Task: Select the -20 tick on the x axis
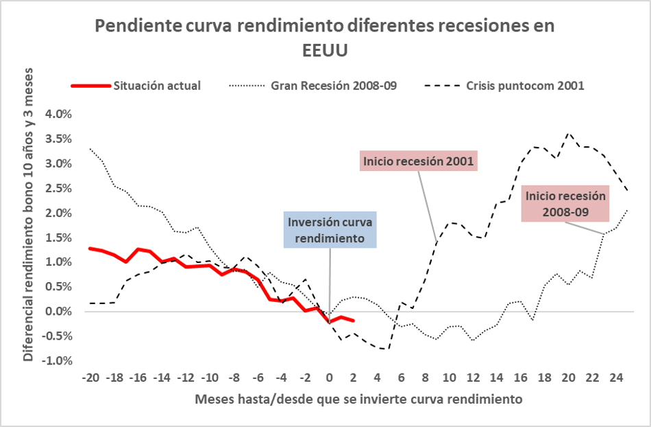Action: [x=89, y=378]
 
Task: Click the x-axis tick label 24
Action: [x=617, y=378]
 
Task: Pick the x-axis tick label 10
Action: [x=449, y=378]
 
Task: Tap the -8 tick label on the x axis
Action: [x=233, y=378]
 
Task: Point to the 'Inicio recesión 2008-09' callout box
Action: [x=565, y=203]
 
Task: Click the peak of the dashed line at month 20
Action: [x=569, y=133]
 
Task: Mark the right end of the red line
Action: [x=353, y=321]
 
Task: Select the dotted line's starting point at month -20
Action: [x=89, y=148]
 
